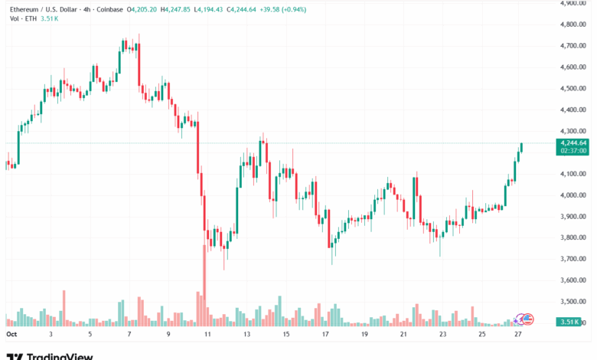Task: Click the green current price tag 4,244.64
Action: pos(573,142)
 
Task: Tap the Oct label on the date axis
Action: pos(11,335)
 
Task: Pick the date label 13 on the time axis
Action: pos(246,335)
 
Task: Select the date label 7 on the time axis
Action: pos(129,335)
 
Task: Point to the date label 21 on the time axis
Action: pos(403,335)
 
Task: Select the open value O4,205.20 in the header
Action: pos(142,10)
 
